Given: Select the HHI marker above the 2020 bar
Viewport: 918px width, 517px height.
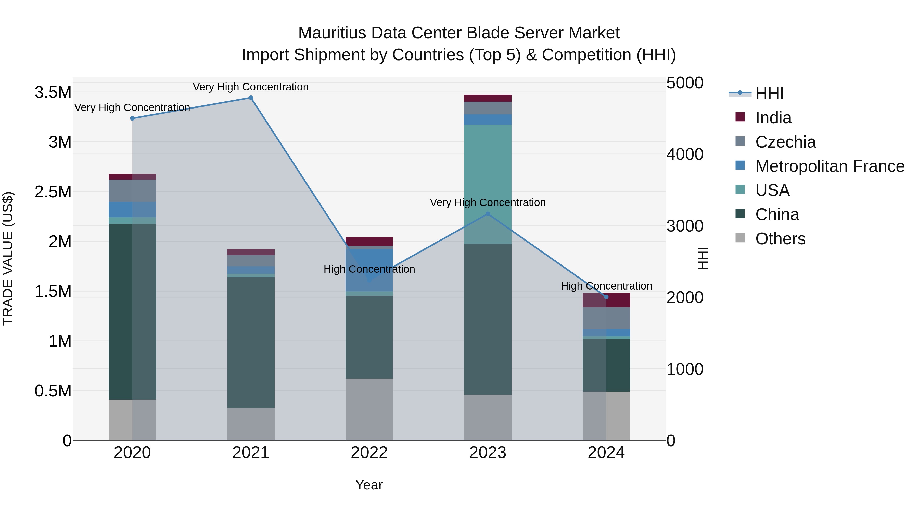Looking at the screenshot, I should click(132, 118).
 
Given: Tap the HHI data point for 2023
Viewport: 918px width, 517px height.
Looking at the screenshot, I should click(488, 214).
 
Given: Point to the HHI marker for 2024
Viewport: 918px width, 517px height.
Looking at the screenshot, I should click(606, 297).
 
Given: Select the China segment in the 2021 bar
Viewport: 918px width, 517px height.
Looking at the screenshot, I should click(251, 343).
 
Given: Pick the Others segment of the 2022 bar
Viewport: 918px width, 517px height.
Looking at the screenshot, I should click(369, 409).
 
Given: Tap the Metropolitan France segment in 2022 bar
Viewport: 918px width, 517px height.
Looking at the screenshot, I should click(369, 270).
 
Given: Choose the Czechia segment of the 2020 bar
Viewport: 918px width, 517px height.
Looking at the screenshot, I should click(132, 191).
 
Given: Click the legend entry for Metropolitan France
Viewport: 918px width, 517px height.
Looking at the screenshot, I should click(829, 166).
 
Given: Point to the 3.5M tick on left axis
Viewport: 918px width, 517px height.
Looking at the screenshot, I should click(53, 92).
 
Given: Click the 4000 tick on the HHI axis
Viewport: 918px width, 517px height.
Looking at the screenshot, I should click(685, 154).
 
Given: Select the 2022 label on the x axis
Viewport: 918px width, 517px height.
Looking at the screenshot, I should click(369, 453).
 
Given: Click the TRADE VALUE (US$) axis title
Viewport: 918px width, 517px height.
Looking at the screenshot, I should click(8, 258).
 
